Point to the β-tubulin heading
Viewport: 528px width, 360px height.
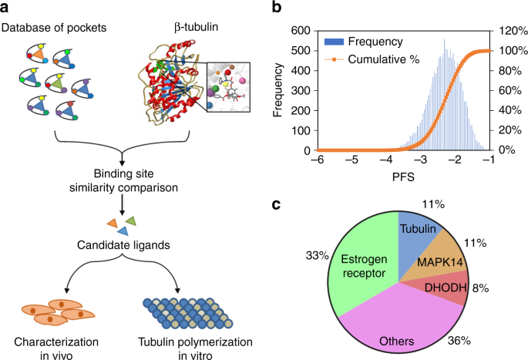(175, 29)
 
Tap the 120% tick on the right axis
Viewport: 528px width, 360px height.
(510, 32)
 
